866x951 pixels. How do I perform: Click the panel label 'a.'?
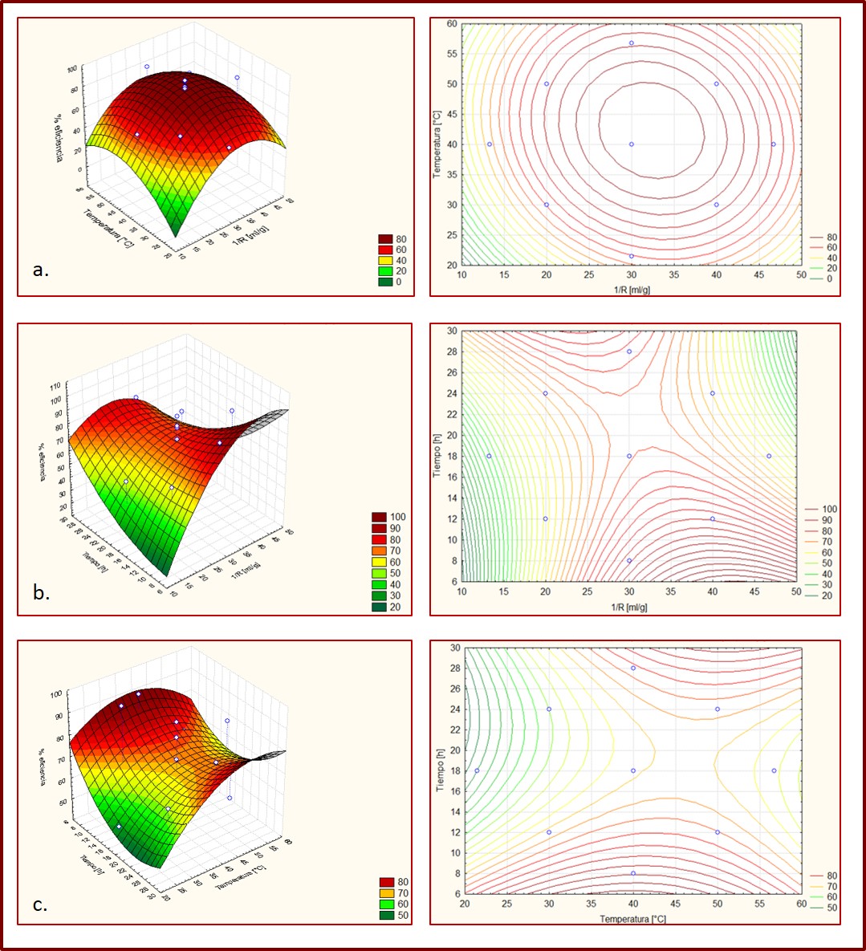[41, 270]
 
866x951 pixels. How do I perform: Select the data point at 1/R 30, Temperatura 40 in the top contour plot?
[632, 144]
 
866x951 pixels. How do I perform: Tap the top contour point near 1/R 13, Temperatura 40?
[490, 144]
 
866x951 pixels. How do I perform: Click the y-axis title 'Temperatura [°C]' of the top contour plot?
[438, 144]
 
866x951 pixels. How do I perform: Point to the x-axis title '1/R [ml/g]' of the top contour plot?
[632, 290]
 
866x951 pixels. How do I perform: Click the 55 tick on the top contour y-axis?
[453, 54]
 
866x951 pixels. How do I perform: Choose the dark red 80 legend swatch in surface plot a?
[385, 238]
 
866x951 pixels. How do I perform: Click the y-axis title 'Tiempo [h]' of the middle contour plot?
[438, 456]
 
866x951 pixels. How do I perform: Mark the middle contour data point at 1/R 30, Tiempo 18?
[629, 456]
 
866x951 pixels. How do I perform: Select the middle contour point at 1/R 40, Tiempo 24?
[713, 393]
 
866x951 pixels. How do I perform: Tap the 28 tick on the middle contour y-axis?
[453, 352]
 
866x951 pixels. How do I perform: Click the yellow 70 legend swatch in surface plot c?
[386, 892]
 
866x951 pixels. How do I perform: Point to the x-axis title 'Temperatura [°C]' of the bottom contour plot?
[632, 919]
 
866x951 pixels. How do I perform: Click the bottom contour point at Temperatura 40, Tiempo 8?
[633, 873]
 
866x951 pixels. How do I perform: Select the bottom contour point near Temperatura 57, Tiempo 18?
[775, 770]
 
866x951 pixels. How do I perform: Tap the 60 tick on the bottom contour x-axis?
[802, 904]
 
